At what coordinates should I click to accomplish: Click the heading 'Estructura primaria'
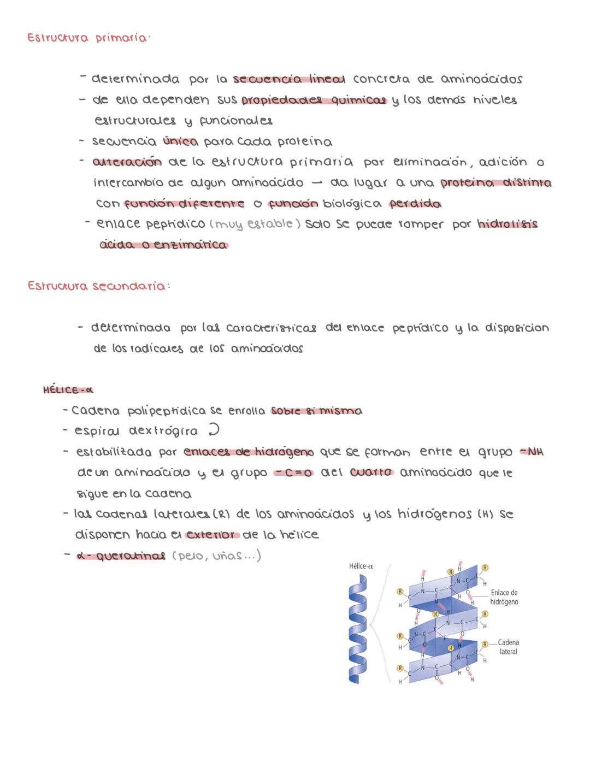pyautogui.click(x=87, y=38)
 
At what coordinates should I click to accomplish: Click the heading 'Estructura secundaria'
pyautogui.click(x=98, y=286)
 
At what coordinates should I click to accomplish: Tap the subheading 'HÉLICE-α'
pyautogui.click(x=68, y=390)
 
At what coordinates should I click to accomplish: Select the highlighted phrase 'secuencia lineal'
pyautogui.click(x=289, y=79)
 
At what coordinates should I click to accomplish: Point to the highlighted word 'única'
pyautogui.click(x=180, y=141)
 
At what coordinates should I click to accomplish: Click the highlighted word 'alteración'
pyautogui.click(x=127, y=162)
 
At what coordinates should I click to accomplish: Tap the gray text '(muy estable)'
pyautogui.click(x=255, y=224)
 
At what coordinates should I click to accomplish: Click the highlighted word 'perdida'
pyautogui.click(x=415, y=204)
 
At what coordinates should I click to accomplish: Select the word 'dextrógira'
pyautogui.click(x=163, y=431)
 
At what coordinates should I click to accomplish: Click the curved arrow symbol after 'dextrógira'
pyautogui.click(x=214, y=430)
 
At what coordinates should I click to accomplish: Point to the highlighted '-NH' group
pyautogui.click(x=532, y=452)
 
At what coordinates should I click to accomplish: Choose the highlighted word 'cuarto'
pyautogui.click(x=371, y=472)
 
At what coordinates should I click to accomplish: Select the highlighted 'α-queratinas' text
pyautogui.click(x=121, y=556)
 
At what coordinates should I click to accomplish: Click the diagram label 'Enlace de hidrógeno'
pyautogui.click(x=504, y=597)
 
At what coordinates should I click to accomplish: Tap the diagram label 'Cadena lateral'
pyautogui.click(x=508, y=647)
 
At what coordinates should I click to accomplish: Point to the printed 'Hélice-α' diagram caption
pyautogui.click(x=361, y=566)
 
